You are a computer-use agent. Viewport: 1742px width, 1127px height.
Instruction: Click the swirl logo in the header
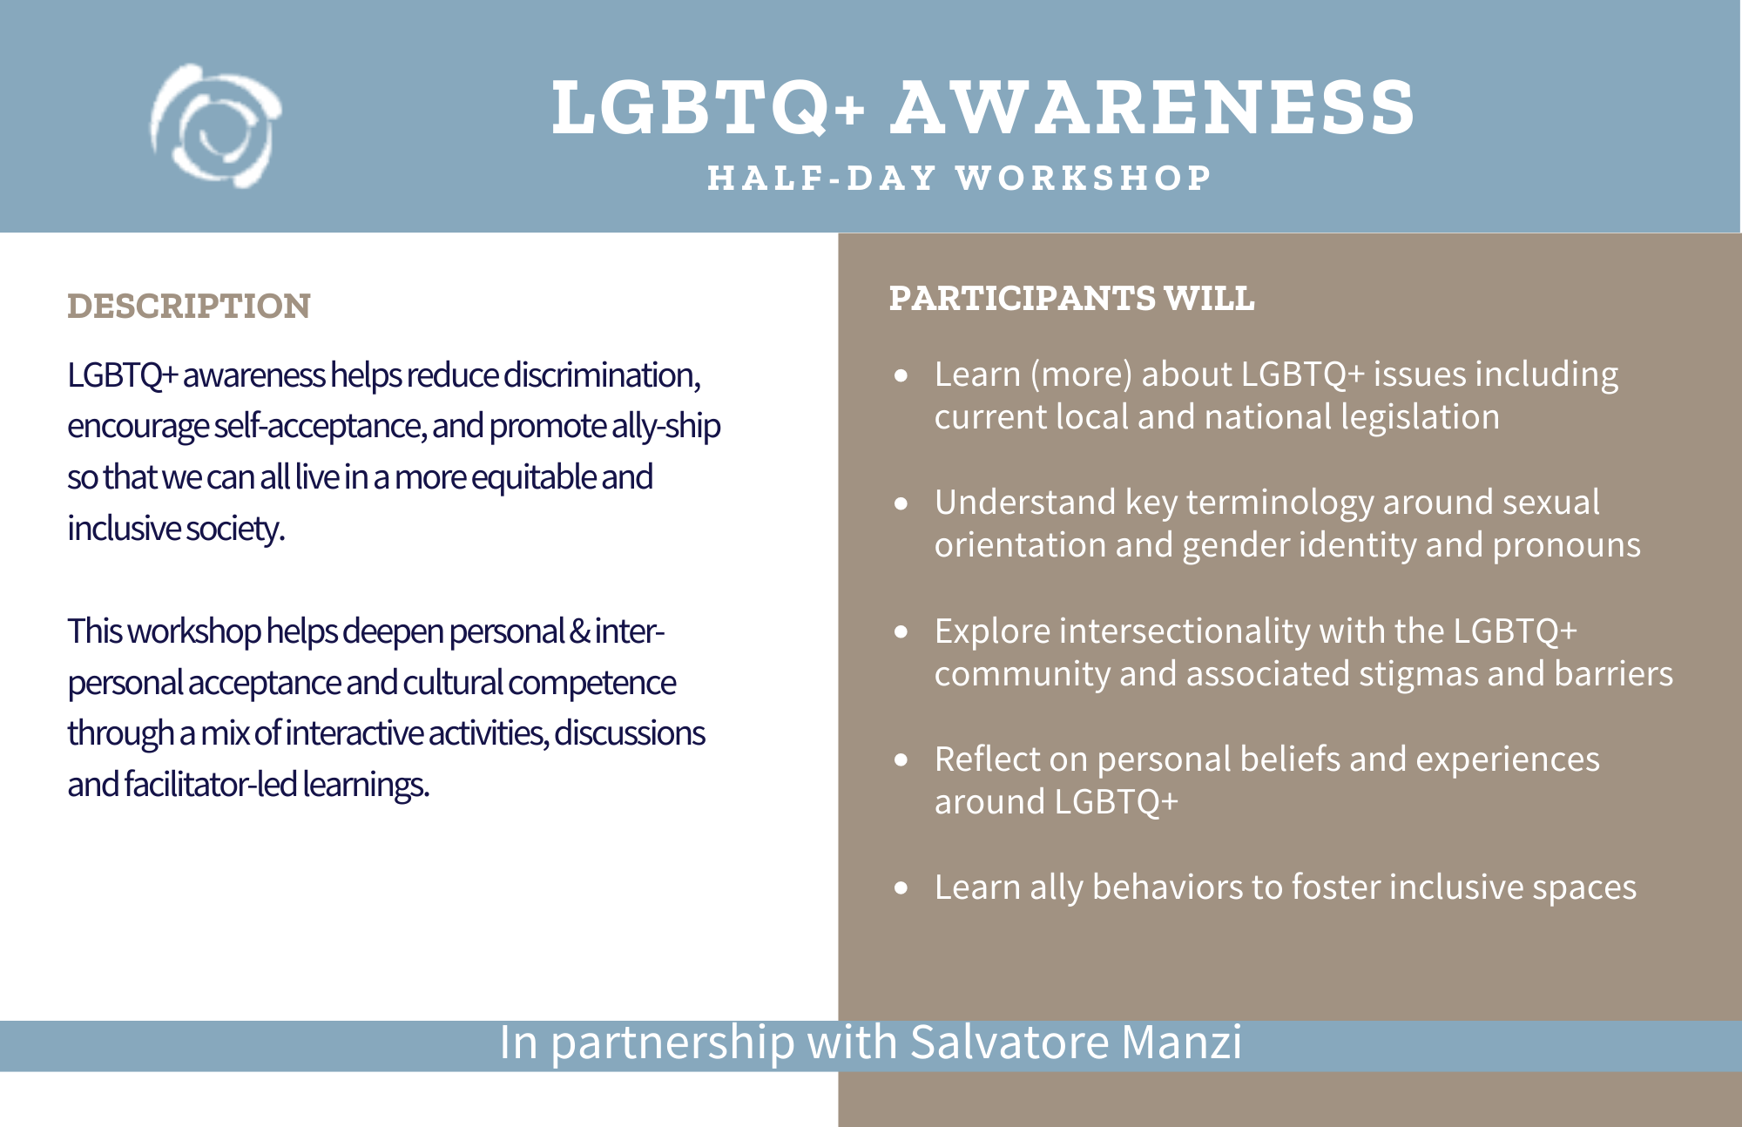pyautogui.click(x=215, y=125)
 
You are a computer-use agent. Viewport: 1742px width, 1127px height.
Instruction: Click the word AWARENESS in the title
pyautogui.click(x=1152, y=108)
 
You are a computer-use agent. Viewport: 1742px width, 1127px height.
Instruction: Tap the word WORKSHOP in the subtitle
pyautogui.click(x=1084, y=178)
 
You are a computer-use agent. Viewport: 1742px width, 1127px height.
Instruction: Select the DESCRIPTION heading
pyautogui.click(x=189, y=306)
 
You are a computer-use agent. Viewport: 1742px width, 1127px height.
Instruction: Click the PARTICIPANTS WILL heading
pyautogui.click(x=1071, y=298)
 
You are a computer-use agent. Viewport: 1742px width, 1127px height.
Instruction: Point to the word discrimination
pyautogui.click(x=602, y=375)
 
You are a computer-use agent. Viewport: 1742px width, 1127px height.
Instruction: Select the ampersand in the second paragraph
pyautogui.click(x=579, y=631)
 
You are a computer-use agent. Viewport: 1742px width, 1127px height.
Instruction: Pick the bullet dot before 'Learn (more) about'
pyautogui.click(x=901, y=376)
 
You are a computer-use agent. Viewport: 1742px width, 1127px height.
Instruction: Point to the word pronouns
pyautogui.click(x=1566, y=546)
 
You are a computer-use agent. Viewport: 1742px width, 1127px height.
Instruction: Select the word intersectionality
pyautogui.click(x=1185, y=631)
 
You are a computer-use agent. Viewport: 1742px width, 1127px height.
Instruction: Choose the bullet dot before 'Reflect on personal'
pyautogui.click(x=901, y=760)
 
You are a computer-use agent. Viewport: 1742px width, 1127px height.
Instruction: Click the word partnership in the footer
pyautogui.click(x=672, y=1044)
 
